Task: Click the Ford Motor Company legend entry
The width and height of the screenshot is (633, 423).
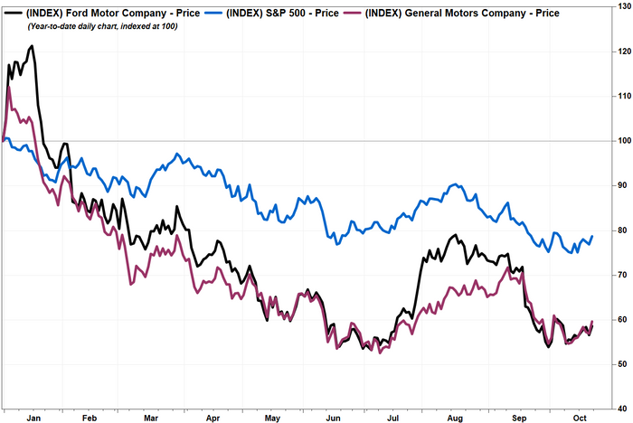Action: pyautogui.click(x=103, y=14)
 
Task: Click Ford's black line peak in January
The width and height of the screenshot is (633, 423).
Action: pyautogui.click(x=32, y=45)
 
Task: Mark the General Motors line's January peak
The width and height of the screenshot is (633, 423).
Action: pyautogui.click(x=9, y=87)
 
